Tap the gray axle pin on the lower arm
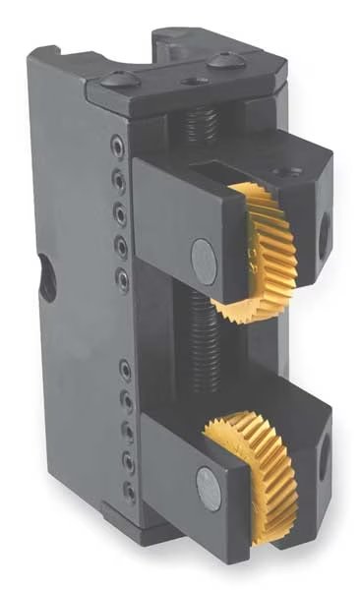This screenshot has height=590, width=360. [x=207, y=481]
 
